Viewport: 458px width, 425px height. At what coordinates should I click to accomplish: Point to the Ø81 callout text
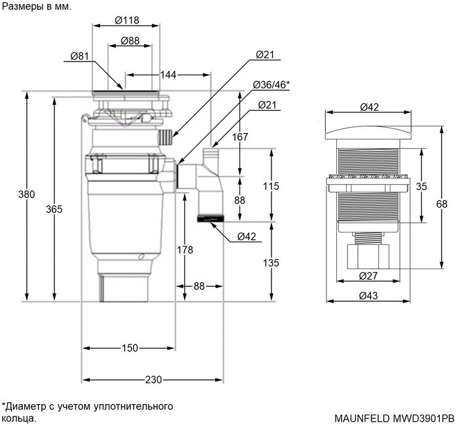click(x=80, y=57)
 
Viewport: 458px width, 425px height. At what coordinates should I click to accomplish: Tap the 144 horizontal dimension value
click(x=168, y=75)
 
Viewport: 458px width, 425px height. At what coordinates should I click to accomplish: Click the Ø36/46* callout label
click(x=272, y=85)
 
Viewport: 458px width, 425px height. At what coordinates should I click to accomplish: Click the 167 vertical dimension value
click(x=240, y=137)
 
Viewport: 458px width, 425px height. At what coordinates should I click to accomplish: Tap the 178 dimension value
click(x=185, y=249)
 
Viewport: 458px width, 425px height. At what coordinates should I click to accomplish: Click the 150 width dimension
click(x=130, y=348)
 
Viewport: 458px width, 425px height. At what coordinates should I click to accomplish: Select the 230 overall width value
click(x=153, y=380)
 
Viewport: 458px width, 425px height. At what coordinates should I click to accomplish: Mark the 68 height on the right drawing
click(x=442, y=204)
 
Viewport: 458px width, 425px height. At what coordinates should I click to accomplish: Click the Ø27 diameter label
click(x=367, y=276)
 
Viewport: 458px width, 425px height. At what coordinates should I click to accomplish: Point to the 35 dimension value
click(x=421, y=186)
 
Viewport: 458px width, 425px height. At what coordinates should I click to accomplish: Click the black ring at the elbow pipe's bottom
click(x=210, y=217)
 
